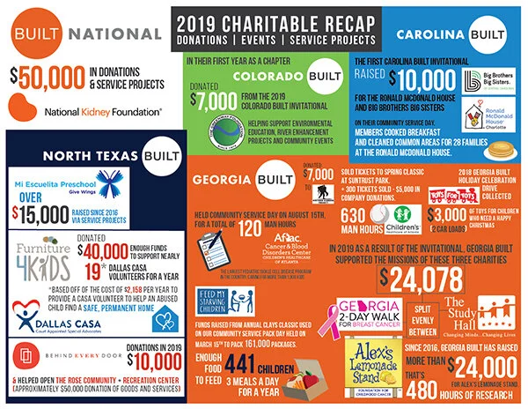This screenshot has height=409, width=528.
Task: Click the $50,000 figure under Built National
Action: pyautogui.click(x=38, y=74)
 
